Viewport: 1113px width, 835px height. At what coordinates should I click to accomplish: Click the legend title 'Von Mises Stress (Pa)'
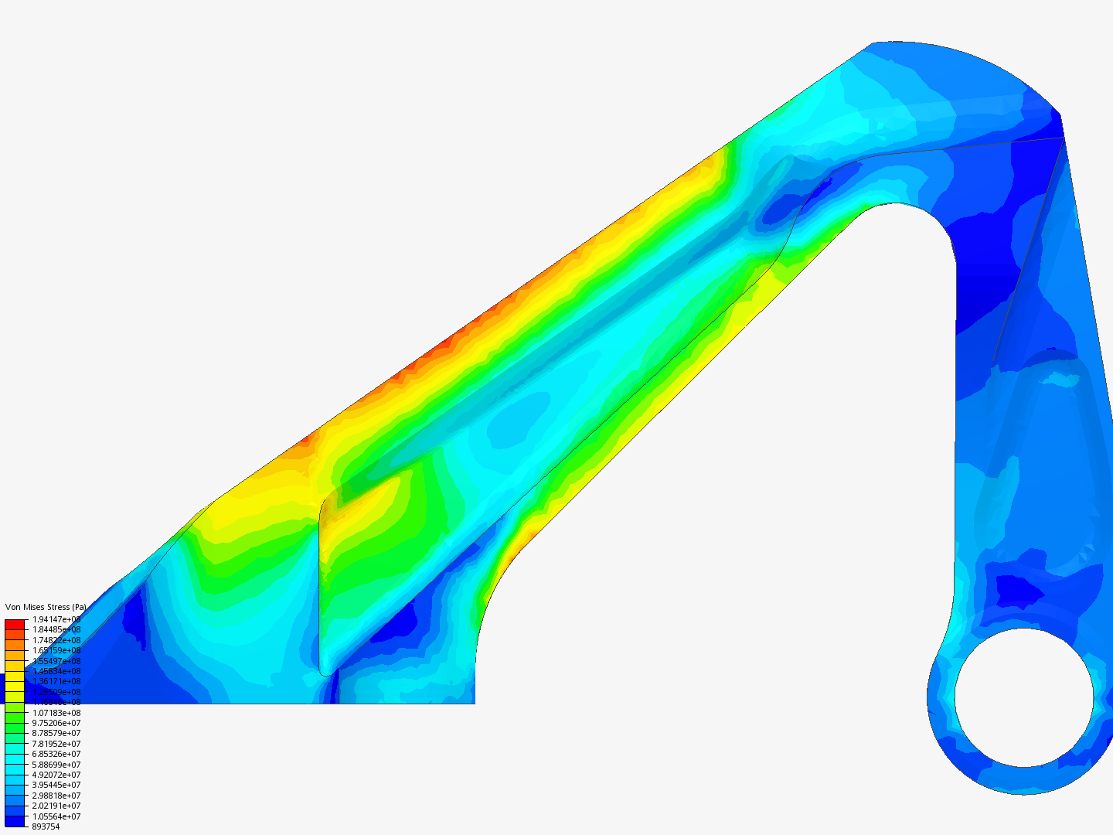(x=45, y=607)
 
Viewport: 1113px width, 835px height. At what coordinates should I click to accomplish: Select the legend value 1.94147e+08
(x=56, y=619)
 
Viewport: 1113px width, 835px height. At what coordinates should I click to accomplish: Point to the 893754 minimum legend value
(x=46, y=826)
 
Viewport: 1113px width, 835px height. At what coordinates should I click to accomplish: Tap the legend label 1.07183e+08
(x=56, y=713)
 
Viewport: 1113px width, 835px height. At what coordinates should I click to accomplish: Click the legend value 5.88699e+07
(x=56, y=765)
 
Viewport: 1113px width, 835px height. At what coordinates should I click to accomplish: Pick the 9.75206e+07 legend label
(x=56, y=723)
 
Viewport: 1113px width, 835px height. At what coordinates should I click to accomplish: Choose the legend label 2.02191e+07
(x=56, y=806)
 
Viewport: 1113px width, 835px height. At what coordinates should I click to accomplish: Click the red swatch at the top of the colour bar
(x=15, y=624)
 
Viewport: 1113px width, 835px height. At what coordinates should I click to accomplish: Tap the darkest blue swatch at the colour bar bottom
(x=15, y=821)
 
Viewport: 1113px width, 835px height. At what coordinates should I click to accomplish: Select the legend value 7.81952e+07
(x=56, y=744)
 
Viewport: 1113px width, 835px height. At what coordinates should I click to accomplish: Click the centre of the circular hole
(x=1024, y=697)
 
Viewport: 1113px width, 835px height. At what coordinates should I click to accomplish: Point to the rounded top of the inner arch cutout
(x=897, y=204)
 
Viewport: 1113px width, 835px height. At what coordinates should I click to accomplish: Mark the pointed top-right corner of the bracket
(x=1060, y=116)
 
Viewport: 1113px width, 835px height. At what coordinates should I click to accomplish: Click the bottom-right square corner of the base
(x=474, y=703)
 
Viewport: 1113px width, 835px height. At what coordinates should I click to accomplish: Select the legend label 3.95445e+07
(x=56, y=785)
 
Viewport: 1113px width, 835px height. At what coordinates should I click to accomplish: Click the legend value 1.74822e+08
(x=56, y=640)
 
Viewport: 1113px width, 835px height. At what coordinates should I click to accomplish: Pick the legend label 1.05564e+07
(x=56, y=816)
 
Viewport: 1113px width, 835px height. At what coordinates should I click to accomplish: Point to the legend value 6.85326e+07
(x=56, y=754)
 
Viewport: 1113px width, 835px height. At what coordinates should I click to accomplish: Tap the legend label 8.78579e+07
(x=56, y=733)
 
